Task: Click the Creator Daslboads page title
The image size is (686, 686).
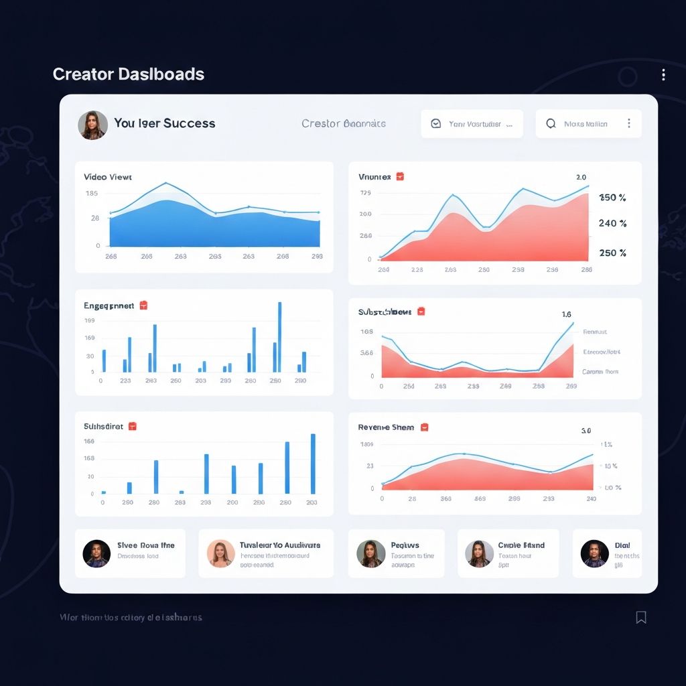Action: (x=128, y=74)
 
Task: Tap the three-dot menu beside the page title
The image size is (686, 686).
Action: (x=663, y=75)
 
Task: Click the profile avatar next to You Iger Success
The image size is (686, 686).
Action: (x=93, y=125)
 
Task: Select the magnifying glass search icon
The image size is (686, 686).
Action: (x=551, y=124)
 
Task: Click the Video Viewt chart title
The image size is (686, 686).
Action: (x=108, y=177)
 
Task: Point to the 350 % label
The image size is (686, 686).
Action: (x=612, y=198)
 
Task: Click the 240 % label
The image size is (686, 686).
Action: (x=612, y=223)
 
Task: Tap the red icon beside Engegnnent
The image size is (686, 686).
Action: (x=143, y=305)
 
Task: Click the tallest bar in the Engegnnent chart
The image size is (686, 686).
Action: (x=279, y=337)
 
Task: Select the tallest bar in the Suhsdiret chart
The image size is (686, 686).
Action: (x=313, y=464)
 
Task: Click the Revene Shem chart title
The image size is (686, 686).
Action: (x=386, y=427)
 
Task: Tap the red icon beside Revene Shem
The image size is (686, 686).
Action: (x=424, y=427)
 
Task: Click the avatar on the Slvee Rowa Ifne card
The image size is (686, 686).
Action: (x=96, y=554)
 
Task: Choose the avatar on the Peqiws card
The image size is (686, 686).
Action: (x=371, y=554)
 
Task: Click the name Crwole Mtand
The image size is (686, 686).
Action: (x=521, y=545)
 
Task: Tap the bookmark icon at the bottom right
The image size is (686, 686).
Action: (x=641, y=617)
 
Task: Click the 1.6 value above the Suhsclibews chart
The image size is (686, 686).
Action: (x=566, y=314)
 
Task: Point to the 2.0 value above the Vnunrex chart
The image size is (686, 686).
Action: (x=581, y=178)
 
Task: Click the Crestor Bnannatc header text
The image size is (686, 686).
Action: (x=343, y=123)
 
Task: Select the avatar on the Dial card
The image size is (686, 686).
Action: (x=594, y=554)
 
